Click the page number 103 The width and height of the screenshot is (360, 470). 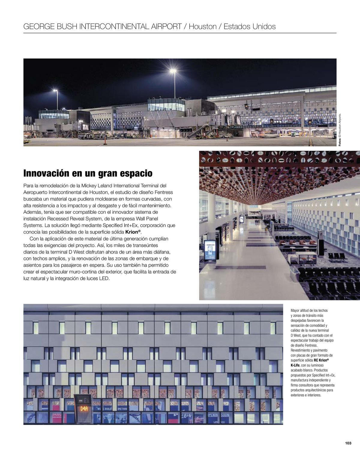348,443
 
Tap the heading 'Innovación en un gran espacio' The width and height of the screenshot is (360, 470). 88,174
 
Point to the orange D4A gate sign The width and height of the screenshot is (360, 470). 83,409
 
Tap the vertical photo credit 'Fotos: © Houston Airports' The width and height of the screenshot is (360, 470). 340,129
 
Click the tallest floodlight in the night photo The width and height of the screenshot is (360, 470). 173,71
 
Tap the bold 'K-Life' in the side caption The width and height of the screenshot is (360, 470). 295,365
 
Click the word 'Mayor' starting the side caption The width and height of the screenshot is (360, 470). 295,310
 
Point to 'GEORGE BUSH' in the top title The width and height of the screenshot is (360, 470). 50,26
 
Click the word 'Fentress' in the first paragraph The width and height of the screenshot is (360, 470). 164,192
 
